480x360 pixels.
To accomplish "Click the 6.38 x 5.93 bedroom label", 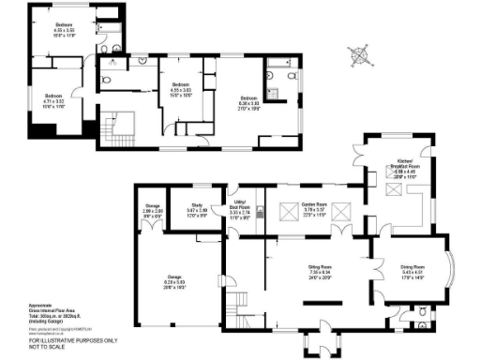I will click(248, 103).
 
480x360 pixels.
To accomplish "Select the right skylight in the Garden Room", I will click(344, 208).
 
